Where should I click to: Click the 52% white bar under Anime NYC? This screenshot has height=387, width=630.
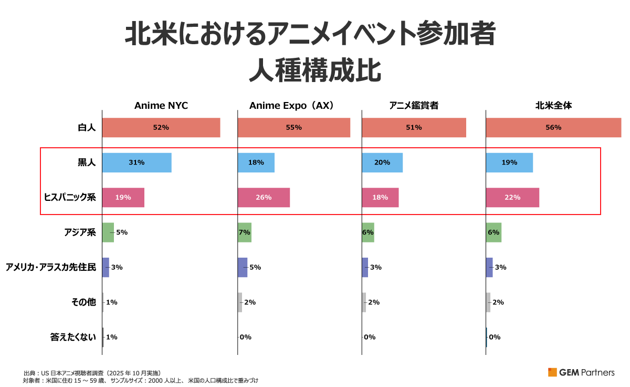pos(161,128)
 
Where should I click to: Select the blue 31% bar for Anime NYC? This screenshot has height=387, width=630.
pos(136,162)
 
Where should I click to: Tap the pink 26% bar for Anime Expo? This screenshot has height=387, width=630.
pos(264,197)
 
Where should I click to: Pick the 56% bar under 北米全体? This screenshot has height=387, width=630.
pos(553,128)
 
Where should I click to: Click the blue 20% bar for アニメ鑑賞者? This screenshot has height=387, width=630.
pos(382,162)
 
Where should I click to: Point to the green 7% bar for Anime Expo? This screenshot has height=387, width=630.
pos(245,232)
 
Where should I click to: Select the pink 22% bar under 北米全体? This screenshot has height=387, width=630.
pos(512,197)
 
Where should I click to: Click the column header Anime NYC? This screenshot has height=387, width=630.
pos(161,106)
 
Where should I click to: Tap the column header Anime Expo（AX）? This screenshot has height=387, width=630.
pos(291,106)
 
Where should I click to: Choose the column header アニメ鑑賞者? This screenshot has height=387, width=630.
pos(414,106)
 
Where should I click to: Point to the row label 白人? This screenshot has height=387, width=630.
pos(87,128)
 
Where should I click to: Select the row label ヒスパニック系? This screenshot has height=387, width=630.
pos(70,197)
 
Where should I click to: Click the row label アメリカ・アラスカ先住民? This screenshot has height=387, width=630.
pos(51,267)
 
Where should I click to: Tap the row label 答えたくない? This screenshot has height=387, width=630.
pos(73,337)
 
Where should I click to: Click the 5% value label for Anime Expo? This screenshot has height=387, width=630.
pos(255,267)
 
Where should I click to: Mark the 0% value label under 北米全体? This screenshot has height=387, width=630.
pos(495,337)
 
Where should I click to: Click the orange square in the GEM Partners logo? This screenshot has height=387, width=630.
pos(552,372)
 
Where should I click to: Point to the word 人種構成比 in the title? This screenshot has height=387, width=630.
pos(314,70)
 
